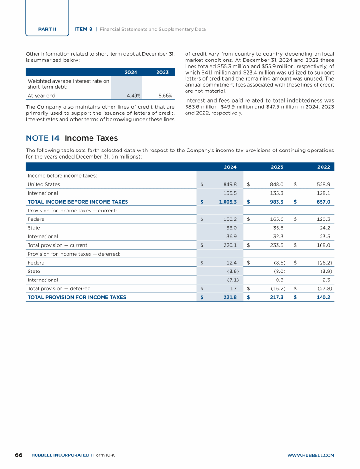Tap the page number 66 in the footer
click(x=19, y=455)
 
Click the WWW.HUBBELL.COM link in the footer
click(x=310, y=455)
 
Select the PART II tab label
click(x=47, y=29)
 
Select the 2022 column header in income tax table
click(x=323, y=167)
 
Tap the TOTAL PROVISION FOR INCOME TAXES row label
click(x=77, y=297)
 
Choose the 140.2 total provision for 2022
click(x=323, y=297)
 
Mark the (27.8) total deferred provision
click(x=323, y=288)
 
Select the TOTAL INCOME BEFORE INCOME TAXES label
click(x=77, y=202)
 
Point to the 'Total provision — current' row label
click(x=57, y=245)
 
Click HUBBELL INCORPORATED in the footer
click(x=60, y=455)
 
